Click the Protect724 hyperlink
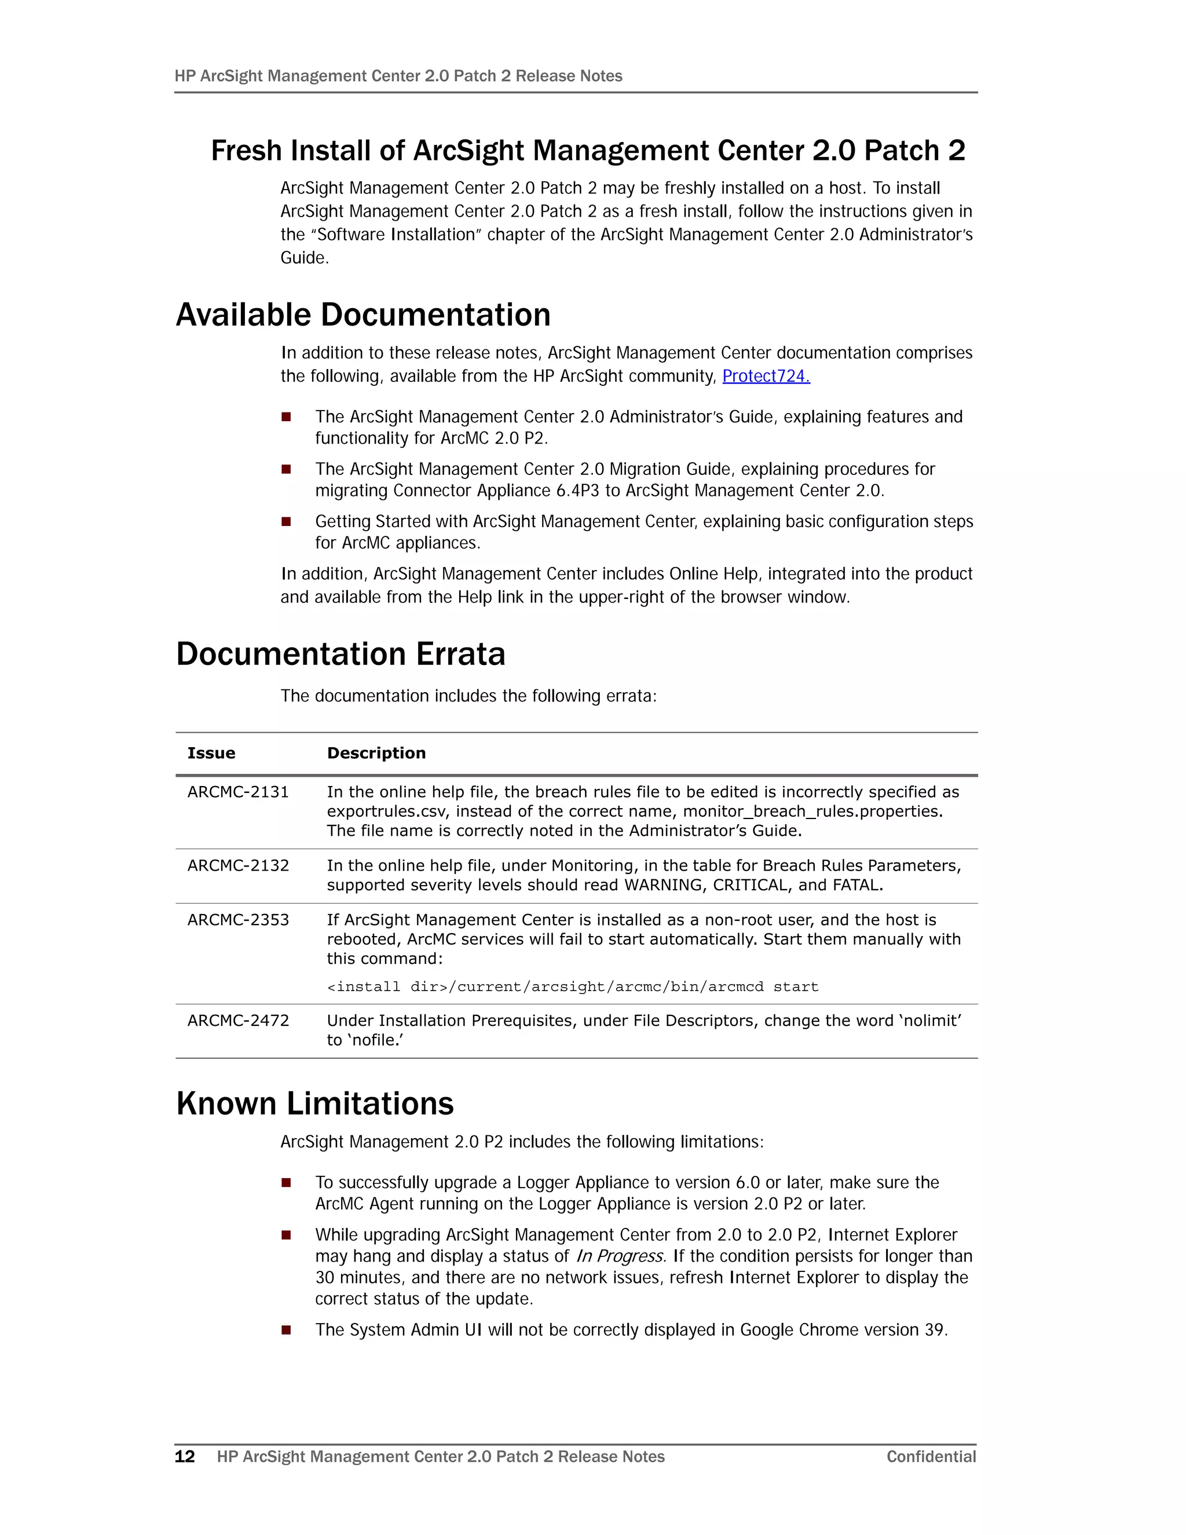pos(765,377)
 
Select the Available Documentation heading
pos(363,315)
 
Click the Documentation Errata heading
pos(341,655)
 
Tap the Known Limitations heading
pos(315,1103)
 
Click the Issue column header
pos(211,754)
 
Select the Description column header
pos(376,754)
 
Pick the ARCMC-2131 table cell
pos(238,792)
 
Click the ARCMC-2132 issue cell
pos(238,866)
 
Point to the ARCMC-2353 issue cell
pos(238,920)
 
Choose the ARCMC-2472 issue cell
pos(238,1021)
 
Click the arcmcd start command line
pos(572,987)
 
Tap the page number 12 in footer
pos(185,1457)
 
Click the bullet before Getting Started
pos(286,521)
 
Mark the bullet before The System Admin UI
pos(286,1330)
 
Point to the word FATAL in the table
pos(856,886)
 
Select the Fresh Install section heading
pos(588,151)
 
